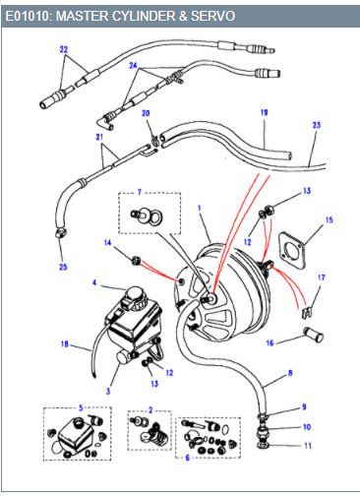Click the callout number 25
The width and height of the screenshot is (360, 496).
(63, 267)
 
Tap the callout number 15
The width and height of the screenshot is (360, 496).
(329, 219)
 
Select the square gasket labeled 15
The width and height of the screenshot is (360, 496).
(292, 249)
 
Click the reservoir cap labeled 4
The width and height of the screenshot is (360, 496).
(136, 294)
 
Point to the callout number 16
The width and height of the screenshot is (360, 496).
(270, 343)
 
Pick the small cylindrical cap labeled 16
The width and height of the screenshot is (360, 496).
(314, 335)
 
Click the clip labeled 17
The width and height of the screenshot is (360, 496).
(306, 313)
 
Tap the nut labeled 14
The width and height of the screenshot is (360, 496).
(136, 261)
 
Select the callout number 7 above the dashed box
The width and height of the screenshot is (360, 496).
(140, 192)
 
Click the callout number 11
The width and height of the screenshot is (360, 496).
(308, 446)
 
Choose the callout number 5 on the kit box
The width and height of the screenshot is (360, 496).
(81, 408)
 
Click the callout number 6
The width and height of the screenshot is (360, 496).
(188, 458)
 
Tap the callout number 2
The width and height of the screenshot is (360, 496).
(150, 410)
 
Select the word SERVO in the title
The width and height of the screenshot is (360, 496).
(212, 16)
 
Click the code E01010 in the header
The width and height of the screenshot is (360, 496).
(27, 16)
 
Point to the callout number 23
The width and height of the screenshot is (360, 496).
(317, 125)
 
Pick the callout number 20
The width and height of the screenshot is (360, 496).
(146, 113)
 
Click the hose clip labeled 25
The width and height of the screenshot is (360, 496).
(61, 233)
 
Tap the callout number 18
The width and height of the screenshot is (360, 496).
(65, 343)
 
